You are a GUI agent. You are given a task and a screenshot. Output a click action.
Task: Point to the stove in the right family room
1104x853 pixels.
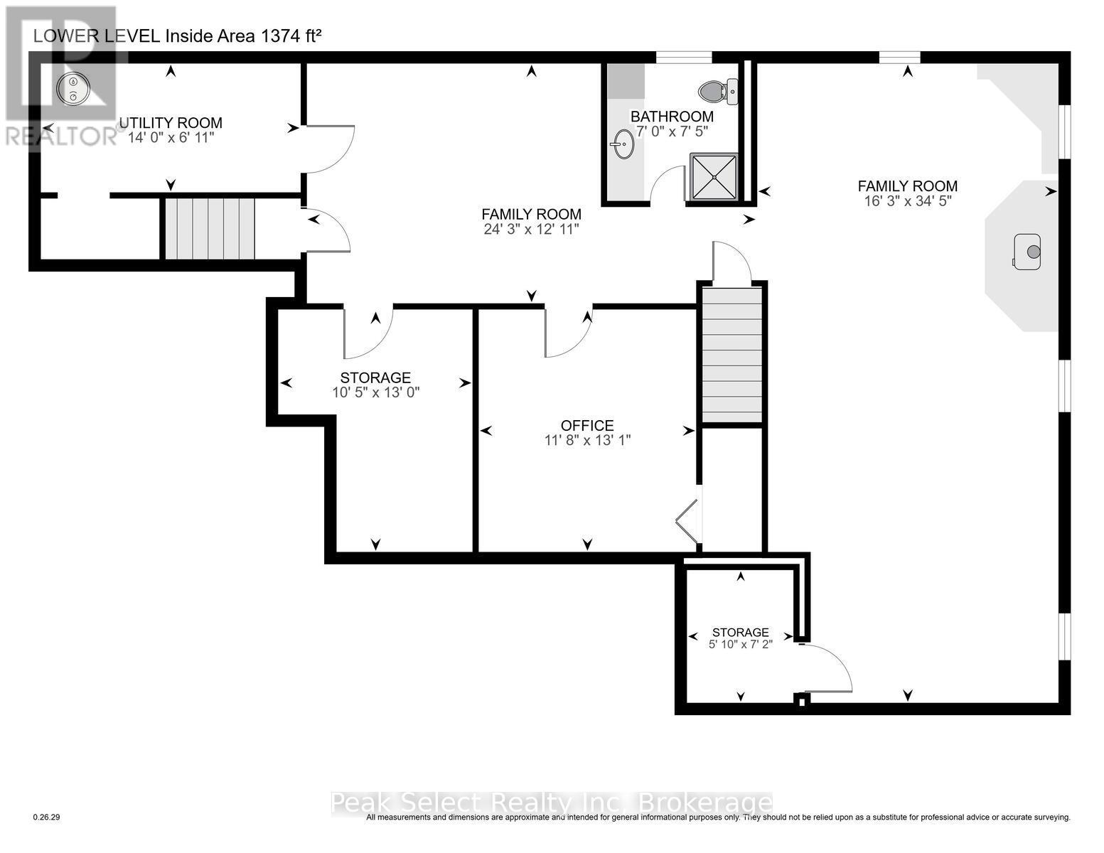[x=1028, y=252]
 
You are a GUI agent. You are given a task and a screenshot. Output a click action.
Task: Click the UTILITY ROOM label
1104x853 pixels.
[x=171, y=123]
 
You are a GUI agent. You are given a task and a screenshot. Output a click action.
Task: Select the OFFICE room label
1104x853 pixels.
[x=587, y=425]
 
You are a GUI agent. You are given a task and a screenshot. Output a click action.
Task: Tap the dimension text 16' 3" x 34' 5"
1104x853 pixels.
[x=907, y=201]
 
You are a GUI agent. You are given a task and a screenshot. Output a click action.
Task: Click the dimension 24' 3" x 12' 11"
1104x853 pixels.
[x=531, y=229]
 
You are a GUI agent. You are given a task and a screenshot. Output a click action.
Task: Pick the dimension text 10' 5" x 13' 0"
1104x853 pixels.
[x=375, y=392]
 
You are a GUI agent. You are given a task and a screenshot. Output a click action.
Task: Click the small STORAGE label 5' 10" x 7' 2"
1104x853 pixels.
[x=740, y=638]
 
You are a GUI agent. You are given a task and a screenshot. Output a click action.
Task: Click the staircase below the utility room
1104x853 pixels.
[x=209, y=228]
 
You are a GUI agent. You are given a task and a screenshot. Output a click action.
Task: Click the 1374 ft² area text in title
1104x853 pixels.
[x=291, y=36]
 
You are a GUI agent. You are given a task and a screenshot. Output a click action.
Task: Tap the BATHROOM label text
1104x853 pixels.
[x=672, y=117]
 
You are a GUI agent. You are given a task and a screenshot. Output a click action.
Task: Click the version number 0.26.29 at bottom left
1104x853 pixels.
[x=47, y=817]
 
